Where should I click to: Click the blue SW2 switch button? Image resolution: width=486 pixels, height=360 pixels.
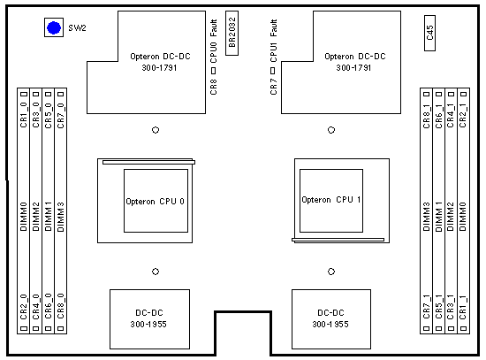(x=54, y=27)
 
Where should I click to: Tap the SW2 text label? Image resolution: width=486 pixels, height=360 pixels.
(x=77, y=28)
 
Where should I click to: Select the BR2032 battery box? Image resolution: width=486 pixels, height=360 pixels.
(x=232, y=34)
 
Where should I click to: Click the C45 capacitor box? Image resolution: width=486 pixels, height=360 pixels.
(x=429, y=33)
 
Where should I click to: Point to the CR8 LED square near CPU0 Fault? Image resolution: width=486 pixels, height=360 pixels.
(x=213, y=71)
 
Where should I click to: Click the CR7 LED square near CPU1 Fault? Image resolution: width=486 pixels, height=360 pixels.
(x=273, y=71)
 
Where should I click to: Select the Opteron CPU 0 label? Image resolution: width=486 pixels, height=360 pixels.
(x=155, y=202)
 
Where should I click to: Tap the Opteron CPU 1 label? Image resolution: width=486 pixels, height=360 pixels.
(x=331, y=200)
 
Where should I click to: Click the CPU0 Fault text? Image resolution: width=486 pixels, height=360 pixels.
(x=214, y=42)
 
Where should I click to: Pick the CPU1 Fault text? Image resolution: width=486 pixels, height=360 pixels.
(x=273, y=42)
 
